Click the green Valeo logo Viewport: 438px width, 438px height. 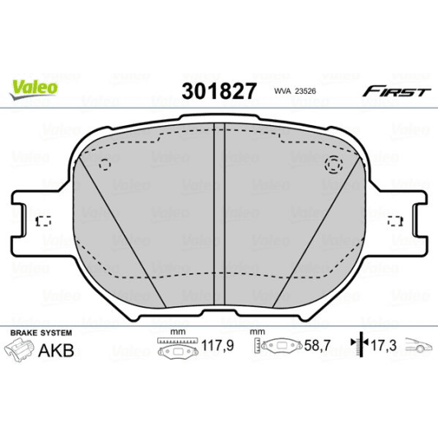(x=33, y=86)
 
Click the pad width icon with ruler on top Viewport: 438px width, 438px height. (x=175, y=347)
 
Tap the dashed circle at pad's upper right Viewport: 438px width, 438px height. (x=333, y=165)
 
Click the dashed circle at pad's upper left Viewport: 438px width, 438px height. (x=105, y=164)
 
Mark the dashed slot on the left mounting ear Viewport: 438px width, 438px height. (x=44, y=221)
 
